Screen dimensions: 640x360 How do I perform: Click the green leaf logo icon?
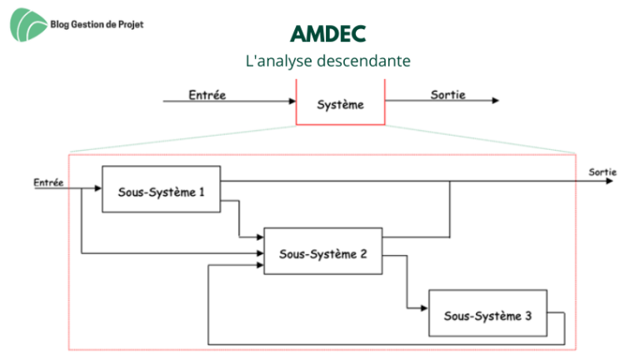pos(28,25)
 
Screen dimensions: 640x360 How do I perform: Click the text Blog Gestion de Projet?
pos(97,24)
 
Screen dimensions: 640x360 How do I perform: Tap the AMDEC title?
pos(327,34)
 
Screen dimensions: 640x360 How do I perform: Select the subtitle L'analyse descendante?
pos(327,61)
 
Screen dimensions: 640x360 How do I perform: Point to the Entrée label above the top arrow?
pos(207,95)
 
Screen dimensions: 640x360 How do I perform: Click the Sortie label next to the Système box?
pos(447,95)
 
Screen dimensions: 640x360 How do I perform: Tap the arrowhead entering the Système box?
pos(292,101)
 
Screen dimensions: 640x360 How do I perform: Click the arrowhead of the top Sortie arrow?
pos(496,100)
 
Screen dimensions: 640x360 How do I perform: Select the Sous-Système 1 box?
pos(161,189)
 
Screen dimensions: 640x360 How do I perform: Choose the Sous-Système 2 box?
pos(323,251)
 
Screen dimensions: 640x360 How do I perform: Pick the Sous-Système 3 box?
pos(487,313)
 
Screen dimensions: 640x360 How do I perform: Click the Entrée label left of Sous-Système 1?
pos(48,182)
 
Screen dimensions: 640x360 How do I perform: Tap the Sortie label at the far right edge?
pos(602,172)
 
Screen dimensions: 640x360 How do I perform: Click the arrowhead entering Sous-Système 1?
pos(98,188)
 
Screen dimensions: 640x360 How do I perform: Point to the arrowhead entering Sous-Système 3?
pos(424,308)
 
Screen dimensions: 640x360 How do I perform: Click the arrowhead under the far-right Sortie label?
pos(609,181)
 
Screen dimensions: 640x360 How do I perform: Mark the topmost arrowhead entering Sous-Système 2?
pos(260,237)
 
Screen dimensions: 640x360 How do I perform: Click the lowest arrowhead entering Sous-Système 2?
pos(260,265)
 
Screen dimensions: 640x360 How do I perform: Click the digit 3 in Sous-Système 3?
pos(528,316)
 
